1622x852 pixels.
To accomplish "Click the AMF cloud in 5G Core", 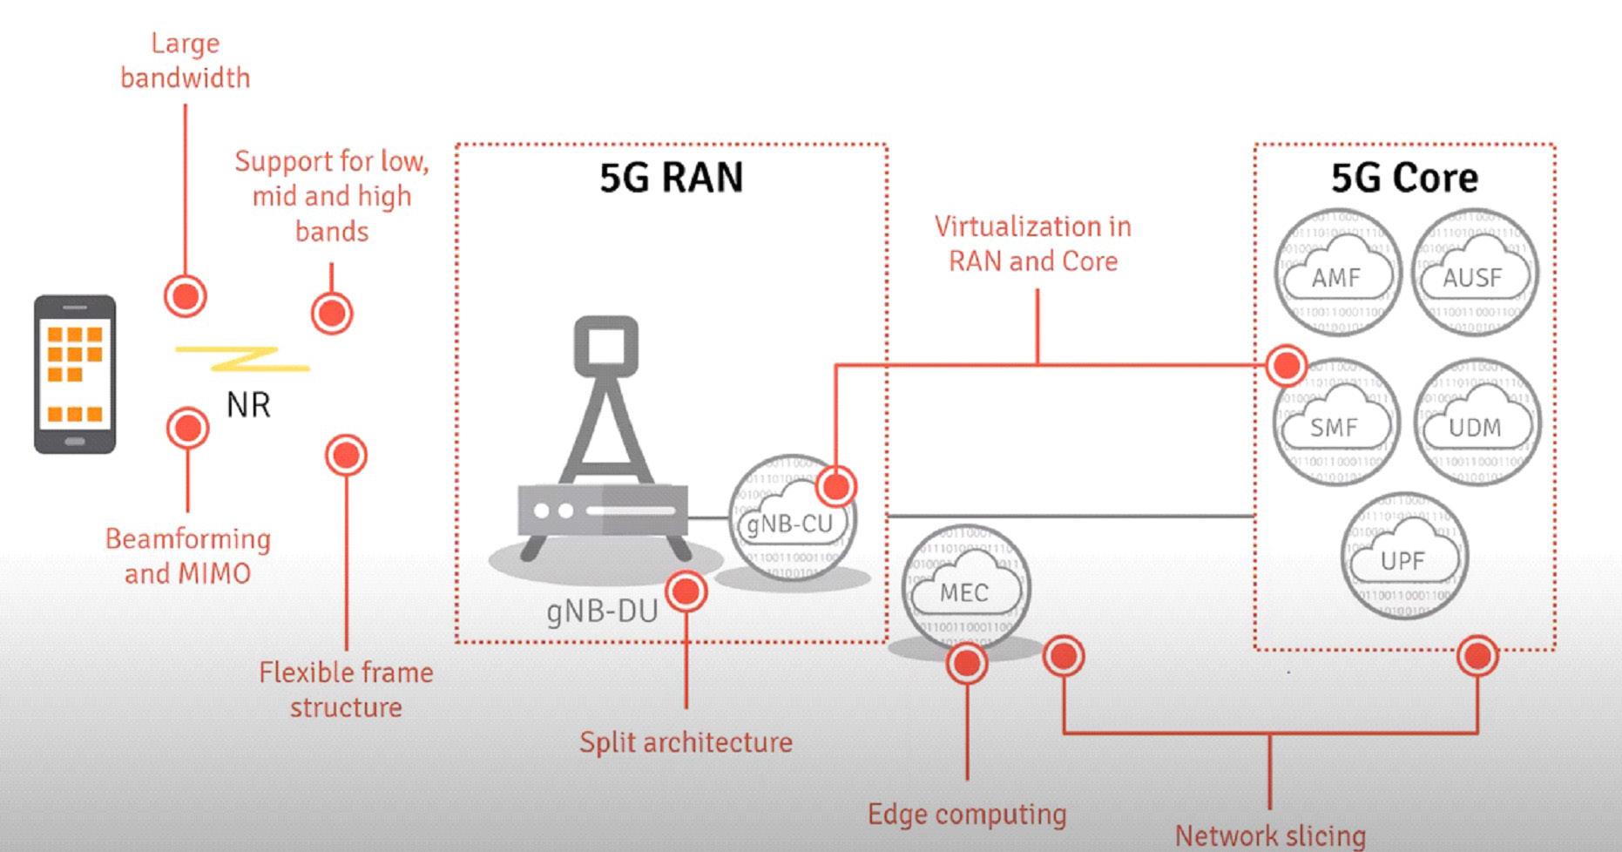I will [x=1336, y=273].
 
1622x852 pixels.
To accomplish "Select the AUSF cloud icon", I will [x=1474, y=273].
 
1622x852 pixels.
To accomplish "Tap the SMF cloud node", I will [x=1335, y=422].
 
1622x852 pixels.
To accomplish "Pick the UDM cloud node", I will [x=1476, y=423].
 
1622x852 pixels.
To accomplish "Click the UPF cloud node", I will [x=1403, y=556].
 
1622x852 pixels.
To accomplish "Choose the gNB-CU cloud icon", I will [x=791, y=518].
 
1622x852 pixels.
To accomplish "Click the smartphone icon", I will [x=75, y=374].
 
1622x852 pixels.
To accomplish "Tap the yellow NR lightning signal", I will [x=243, y=358].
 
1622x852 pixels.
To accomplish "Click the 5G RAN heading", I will [x=671, y=177].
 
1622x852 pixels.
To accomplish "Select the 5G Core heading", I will [x=1404, y=177].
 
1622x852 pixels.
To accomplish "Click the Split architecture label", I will [x=686, y=742].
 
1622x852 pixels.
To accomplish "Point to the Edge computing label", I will [x=967, y=814].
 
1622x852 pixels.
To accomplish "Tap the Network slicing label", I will [x=1270, y=835].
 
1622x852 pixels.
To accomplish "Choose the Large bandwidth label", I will [x=185, y=60].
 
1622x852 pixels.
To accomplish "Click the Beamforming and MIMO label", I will [x=188, y=556].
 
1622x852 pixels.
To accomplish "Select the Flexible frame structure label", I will [x=346, y=689].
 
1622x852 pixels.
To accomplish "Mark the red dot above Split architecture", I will [x=686, y=592].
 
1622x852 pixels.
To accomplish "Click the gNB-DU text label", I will [x=602, y=612].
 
